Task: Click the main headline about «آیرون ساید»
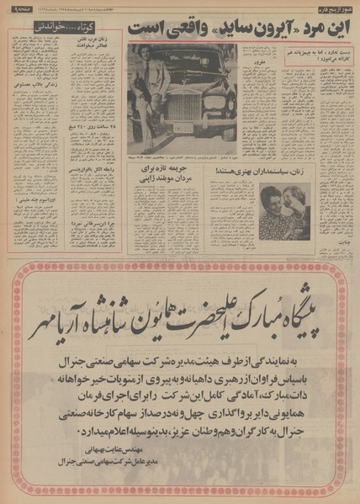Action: pos(236,27)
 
